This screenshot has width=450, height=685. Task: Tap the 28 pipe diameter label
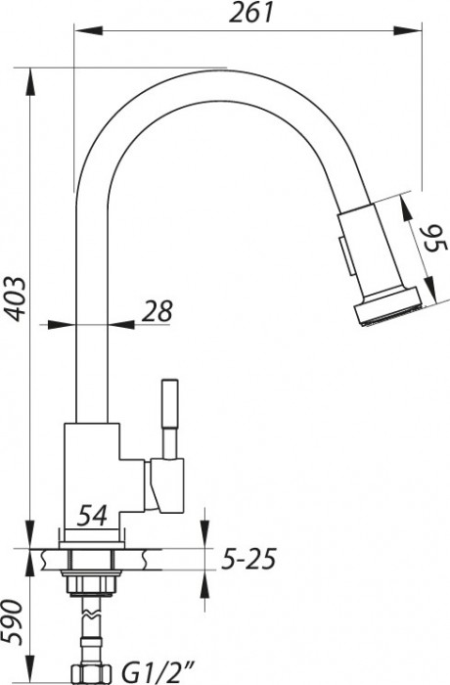(x=157, y=311)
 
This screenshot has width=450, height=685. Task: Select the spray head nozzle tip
(x=386, y=311)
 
